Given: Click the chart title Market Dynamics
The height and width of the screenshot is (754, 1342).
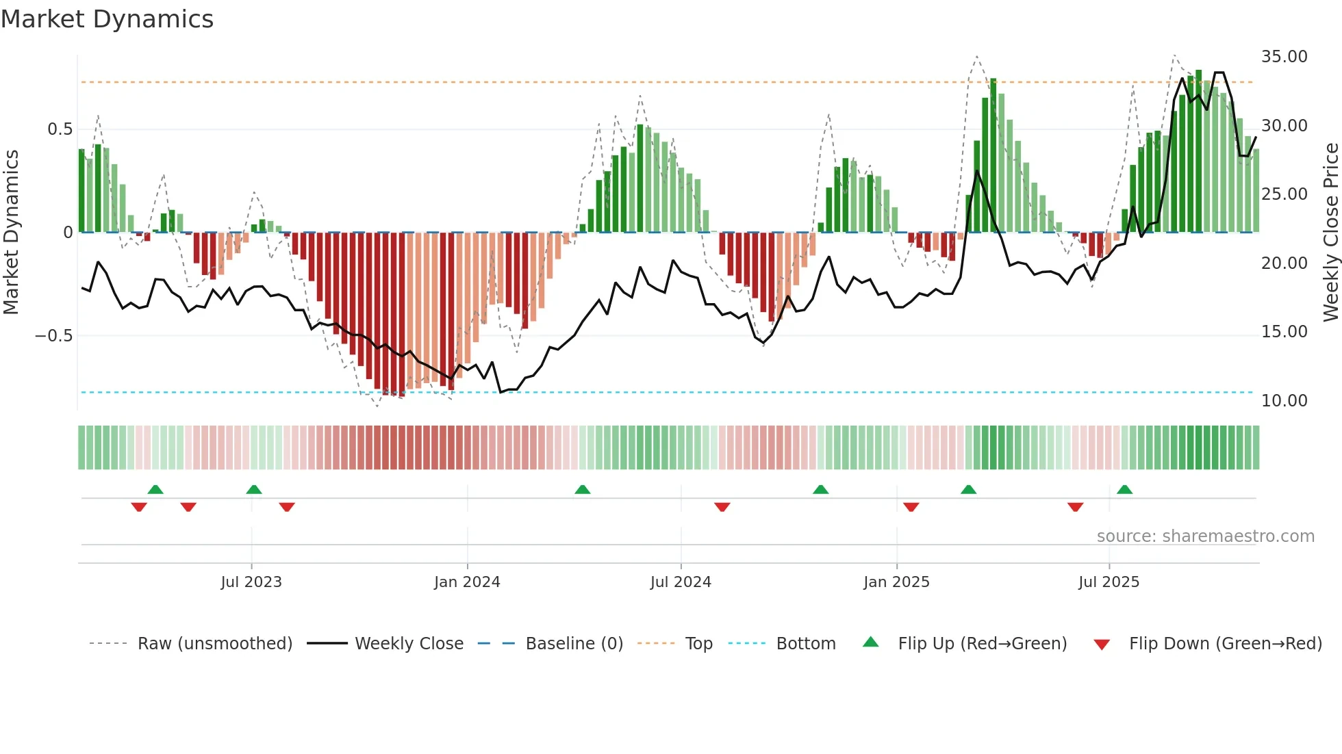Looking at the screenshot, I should point(107,19).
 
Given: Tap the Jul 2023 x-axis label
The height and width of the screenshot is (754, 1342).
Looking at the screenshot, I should point(251,582).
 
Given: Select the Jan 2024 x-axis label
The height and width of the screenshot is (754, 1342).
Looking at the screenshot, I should point(467,582).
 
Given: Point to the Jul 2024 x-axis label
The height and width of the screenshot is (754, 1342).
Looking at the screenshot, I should point(681,582).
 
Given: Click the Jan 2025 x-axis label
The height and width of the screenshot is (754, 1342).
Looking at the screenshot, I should point(896,582).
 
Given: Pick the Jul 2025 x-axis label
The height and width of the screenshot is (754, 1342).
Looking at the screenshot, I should point(1109,582).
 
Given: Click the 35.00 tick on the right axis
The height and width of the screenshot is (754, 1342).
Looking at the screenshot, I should point(1284,57).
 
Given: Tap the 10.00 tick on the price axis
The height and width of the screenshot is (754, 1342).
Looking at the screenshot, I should point(1284,401).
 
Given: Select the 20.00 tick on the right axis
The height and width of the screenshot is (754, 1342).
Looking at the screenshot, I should point(1284,263).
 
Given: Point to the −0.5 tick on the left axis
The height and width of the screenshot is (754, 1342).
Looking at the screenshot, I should point(53,336).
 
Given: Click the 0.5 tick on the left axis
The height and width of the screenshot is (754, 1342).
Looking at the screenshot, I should point(60,129).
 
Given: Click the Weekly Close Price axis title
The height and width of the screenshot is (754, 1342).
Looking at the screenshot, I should point(1330,232).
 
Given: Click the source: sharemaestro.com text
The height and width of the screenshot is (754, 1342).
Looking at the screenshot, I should point(1205,536).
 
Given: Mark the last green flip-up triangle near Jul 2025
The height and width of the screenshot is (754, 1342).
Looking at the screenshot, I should point(1124,489).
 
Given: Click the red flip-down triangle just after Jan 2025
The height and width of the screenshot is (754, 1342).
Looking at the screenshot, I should point(911,507).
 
